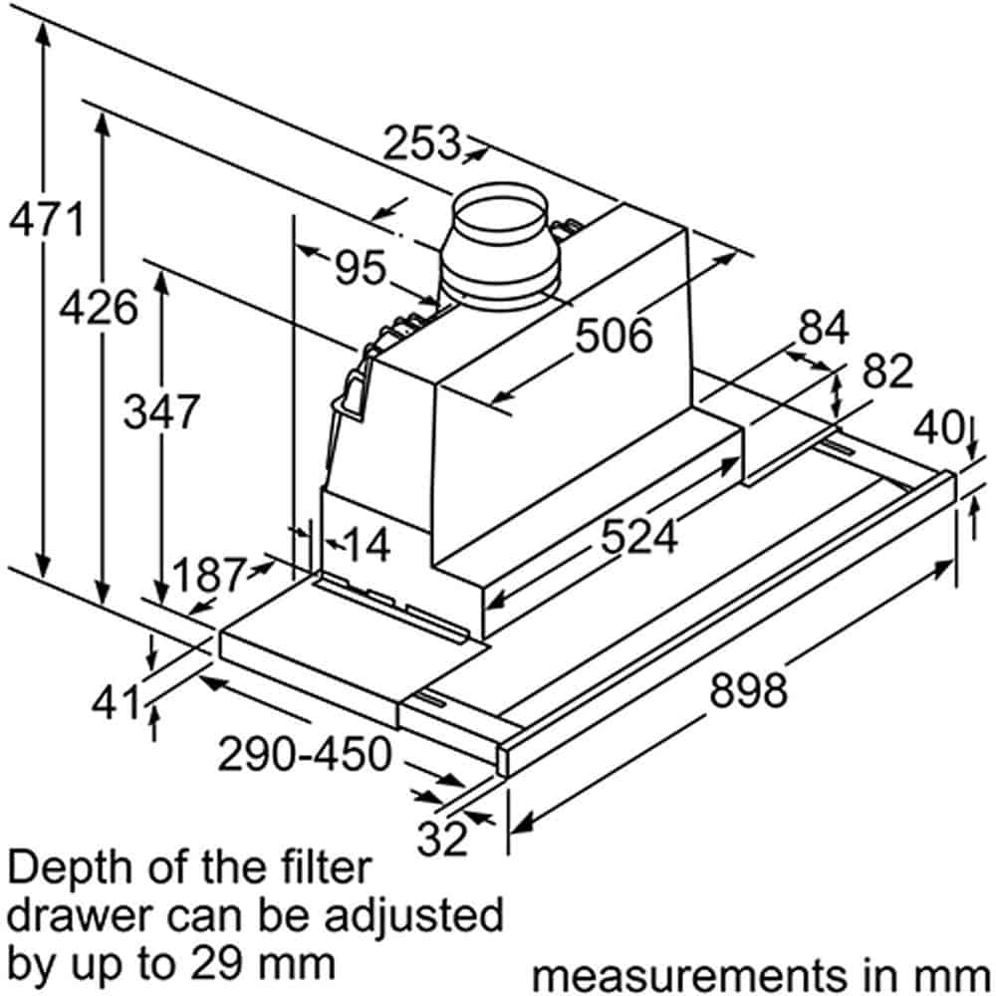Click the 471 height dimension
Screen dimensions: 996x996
click(x=47, y=219)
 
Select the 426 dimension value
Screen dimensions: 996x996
click(x=99, y=307)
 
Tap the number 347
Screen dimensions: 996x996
click(x=162, y=411)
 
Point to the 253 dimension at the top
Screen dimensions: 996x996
click(x=421, y=142)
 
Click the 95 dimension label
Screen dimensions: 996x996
click(x=361, y=267)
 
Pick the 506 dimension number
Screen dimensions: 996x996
click(x=614, y=335)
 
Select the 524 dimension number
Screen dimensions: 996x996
click(x=639, y=537)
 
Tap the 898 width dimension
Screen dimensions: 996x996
click(x=748, y=690)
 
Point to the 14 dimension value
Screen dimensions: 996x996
click(x=367, y=545)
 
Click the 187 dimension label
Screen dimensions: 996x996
click(x=208, y=575)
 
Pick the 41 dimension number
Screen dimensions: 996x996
click(x=115, y=703)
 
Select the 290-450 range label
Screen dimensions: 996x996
click(x=305, y=754)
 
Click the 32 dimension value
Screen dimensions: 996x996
click(x=442, y=838)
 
